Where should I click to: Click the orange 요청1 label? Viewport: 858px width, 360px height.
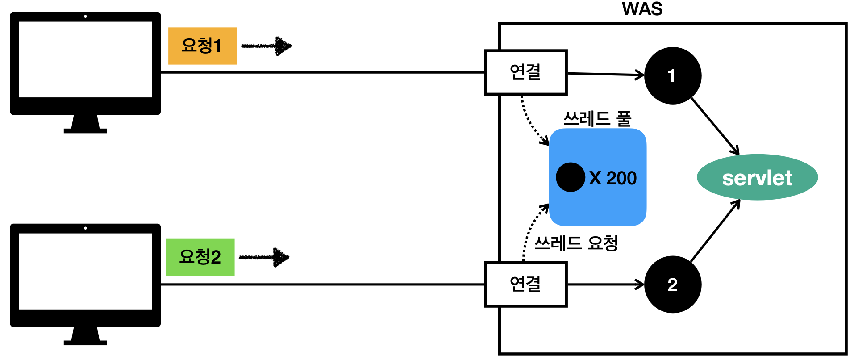[202, 46]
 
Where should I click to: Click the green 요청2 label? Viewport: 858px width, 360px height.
[200, 257]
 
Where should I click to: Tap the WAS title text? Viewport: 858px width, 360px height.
[642, 9]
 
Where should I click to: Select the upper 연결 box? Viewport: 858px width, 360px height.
[525, 72]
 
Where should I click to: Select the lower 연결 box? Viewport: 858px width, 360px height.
[525, 285]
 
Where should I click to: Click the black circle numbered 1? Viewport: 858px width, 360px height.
[673, 76]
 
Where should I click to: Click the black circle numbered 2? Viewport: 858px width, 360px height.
[673, 285]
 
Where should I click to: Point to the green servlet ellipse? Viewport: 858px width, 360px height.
[757, 178]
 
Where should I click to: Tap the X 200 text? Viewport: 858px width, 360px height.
[612, 178]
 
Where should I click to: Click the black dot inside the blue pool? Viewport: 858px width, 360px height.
[570, 177]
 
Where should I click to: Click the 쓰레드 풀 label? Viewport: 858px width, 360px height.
[597, 119]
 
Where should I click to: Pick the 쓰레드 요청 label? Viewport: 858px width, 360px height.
[576, 243]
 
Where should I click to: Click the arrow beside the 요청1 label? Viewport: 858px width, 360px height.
[267, 46]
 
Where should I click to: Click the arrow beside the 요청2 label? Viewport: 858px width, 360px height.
[264, 257]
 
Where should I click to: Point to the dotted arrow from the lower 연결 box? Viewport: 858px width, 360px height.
[531, 230]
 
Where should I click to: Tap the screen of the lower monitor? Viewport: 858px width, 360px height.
[85, 271]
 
